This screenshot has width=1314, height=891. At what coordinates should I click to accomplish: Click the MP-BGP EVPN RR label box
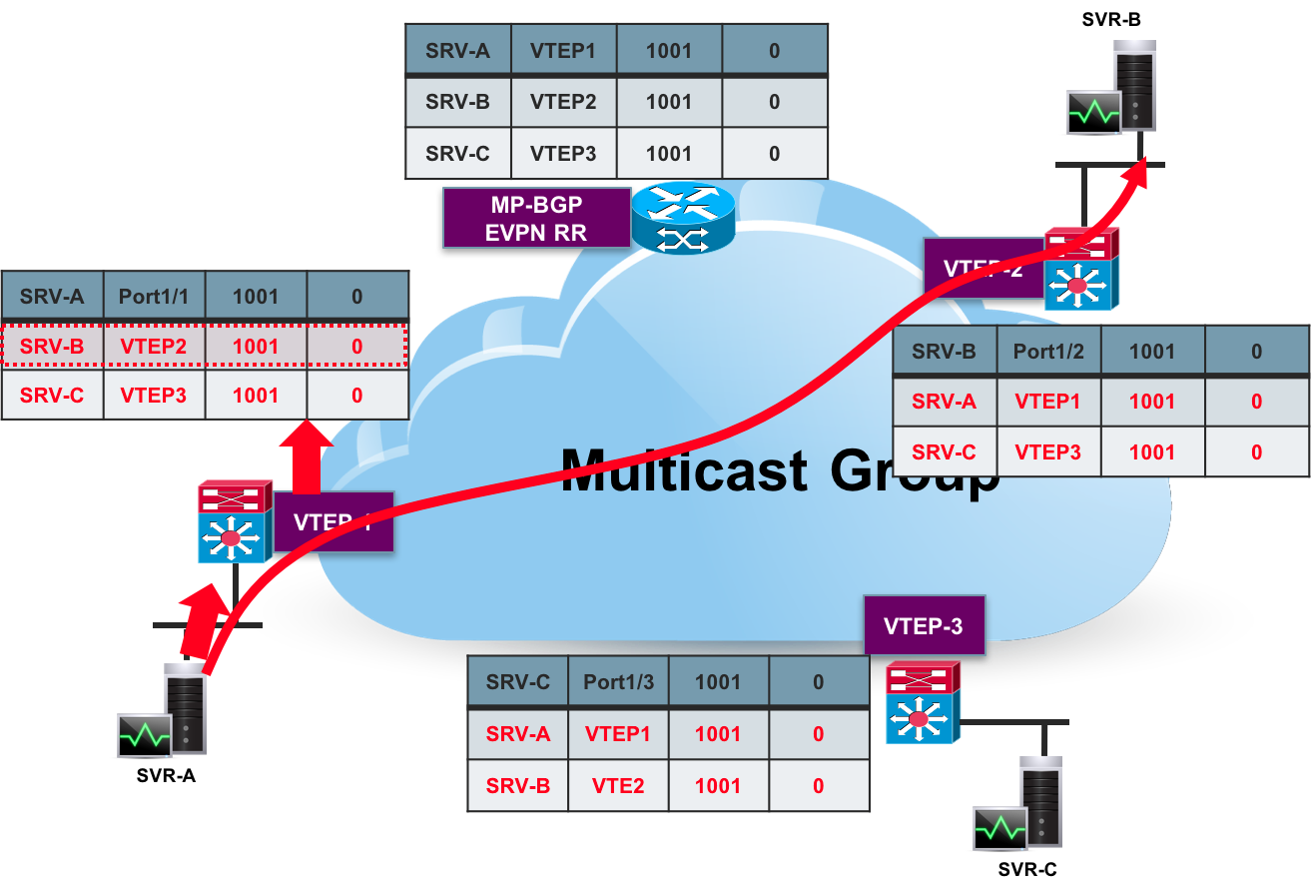point(537,219)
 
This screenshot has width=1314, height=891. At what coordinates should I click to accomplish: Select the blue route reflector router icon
point(683,218)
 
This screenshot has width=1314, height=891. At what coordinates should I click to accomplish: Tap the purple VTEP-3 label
point(924,626)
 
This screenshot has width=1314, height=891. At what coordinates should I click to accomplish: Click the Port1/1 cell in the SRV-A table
point(154,297)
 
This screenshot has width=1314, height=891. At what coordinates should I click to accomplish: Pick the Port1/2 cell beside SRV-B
point(1047,352)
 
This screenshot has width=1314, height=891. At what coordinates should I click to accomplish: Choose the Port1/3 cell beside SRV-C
point(618,682)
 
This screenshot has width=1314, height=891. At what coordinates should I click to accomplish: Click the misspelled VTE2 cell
point(618,786)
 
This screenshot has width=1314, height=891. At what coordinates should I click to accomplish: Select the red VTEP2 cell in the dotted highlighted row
point(154,347)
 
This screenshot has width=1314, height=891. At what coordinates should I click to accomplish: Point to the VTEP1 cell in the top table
point(563,50)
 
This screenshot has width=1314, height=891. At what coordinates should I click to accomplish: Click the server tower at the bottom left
point(186,709)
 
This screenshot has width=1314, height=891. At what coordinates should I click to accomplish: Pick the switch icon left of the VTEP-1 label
point(234,522)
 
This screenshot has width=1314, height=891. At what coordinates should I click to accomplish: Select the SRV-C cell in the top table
point(457,154)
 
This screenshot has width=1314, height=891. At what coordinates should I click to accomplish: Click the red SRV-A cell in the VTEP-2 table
point(944,402)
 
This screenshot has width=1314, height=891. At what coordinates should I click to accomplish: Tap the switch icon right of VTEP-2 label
point(1080,269)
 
